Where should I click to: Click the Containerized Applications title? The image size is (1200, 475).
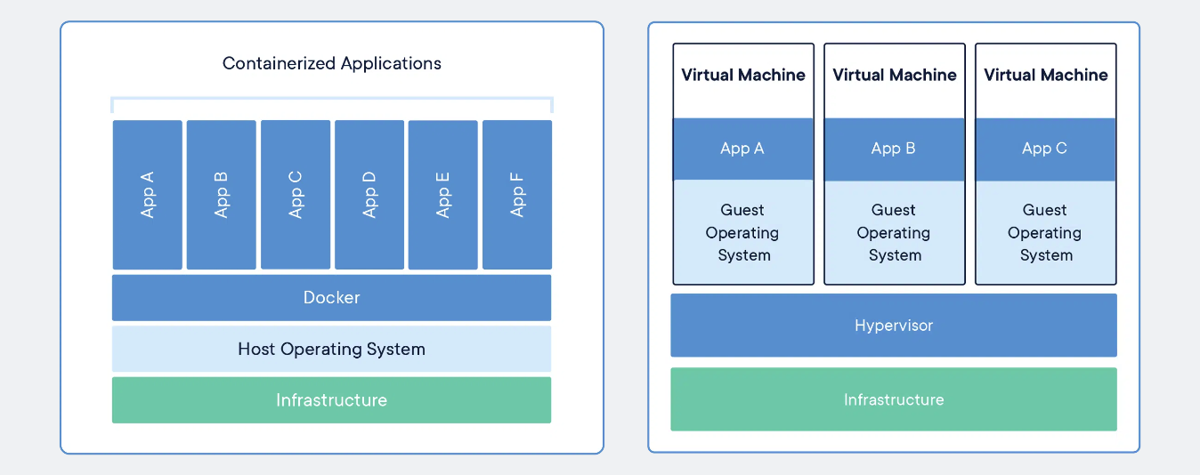tap(332, 63)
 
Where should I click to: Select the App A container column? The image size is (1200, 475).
tap(147, 195)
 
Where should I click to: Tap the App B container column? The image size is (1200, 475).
tap(222, 195)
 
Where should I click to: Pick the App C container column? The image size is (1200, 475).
tap(296, 195)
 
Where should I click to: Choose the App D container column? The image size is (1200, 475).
tap(369, 195)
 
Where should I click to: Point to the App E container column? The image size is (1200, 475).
tap(443, 195)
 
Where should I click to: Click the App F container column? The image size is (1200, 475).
tap(517, 195)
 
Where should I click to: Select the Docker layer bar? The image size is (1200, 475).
tap(332, 298)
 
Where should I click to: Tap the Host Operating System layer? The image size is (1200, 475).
tap(332, 350)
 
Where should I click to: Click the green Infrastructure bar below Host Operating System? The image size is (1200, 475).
tap(332, 400)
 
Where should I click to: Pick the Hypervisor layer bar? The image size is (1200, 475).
tap(894, 325)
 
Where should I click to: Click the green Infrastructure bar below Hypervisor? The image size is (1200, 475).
tap(894, 399)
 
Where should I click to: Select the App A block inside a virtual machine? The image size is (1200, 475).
tap(743, 149)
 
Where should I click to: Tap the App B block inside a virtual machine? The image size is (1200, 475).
tap(894, 149)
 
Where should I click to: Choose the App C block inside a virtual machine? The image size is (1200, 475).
tap(1045, 149)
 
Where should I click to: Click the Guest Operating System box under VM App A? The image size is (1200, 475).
tap(743, 232)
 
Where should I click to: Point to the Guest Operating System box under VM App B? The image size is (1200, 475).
tap(894, 232)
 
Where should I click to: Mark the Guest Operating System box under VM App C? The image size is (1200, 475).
tap(1045, 232)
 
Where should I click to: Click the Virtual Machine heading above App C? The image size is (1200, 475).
tap(1046, 75)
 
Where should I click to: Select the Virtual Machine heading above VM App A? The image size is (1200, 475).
tap(743, 75)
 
